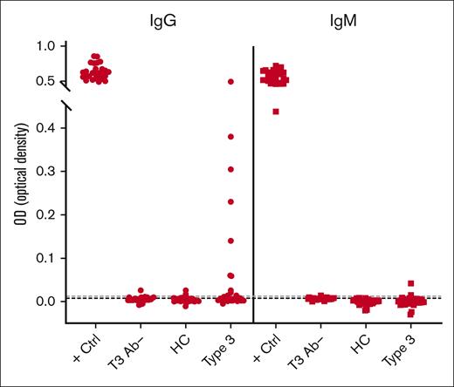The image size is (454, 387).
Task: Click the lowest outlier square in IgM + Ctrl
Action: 276,112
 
